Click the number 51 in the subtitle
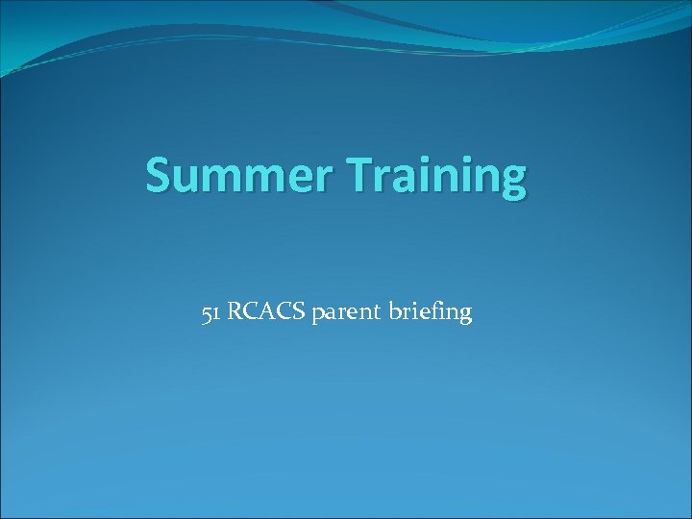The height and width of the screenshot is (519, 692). coord(211,313)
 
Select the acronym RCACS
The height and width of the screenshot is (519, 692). coord(262,313)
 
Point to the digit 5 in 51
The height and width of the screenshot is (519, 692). coord(207,313)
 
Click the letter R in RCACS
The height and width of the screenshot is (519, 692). coord(235,313)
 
